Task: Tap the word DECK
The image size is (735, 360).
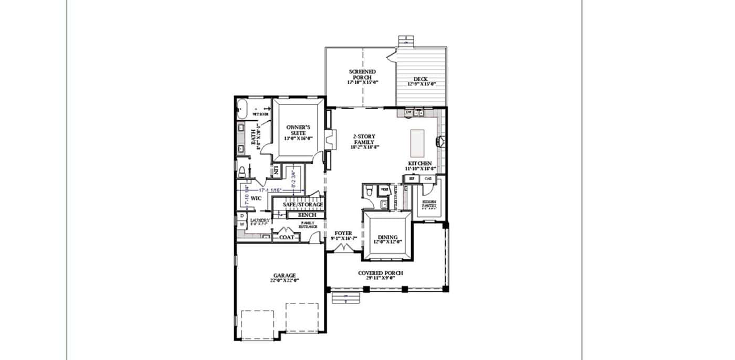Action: (x=421, y=79)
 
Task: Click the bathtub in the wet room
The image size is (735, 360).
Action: (x=242, y=109)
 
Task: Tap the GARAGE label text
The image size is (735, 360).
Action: (x=285, y=276)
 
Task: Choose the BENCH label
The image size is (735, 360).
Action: (x=307, y=215)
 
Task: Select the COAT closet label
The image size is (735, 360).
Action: (x=287, y=237)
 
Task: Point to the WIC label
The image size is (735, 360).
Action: (x=256, y=198)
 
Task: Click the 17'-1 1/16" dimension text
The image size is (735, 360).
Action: (x=270, y=190)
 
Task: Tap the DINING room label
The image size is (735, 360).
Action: (x=387, y=237)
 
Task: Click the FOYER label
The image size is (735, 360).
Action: (x=343, y=233)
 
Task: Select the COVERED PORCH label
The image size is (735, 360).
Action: (x=381, y=273)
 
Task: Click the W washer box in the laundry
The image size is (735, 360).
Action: (x=242, y=225)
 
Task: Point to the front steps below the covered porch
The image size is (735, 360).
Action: (x=346, y=298)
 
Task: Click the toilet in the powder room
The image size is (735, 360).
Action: (x=370, y=190)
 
